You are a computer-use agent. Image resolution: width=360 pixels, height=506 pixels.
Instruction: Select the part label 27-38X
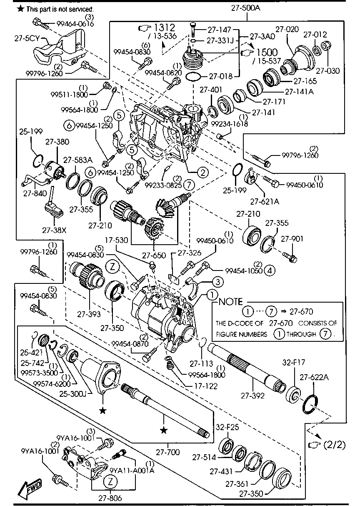(x=54, y=229)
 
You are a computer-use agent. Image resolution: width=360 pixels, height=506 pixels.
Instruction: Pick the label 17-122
(x=205, y=386)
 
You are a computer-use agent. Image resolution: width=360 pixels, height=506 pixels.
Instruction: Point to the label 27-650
(x=154, y=254)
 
